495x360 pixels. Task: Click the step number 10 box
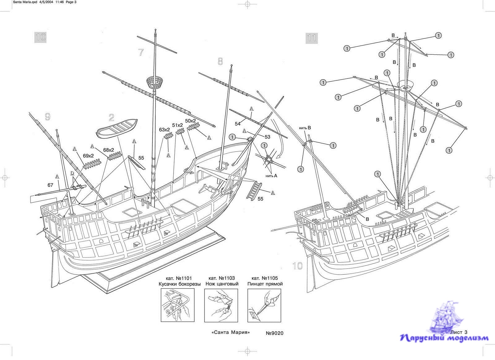click(40, 37)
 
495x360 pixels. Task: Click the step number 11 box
click(312, 38)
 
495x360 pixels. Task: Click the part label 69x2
click(88, 156)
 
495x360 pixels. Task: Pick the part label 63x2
click(165, 130)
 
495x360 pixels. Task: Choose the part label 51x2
click(178, 125)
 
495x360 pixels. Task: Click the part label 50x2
click(191, 121)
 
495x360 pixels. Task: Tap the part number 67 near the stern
click(50, 185)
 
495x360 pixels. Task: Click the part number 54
click(238, 124)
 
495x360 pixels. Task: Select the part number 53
click(267, 137)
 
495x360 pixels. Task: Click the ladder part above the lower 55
click(254, 190)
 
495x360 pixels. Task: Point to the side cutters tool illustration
click(178, 305)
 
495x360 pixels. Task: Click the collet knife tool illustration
click(221, 305)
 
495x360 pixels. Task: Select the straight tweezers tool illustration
click(265, 305)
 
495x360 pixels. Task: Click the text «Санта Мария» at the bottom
click(230, 332)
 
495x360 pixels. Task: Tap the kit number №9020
click(274, 333)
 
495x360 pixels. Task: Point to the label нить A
click(271, 176)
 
